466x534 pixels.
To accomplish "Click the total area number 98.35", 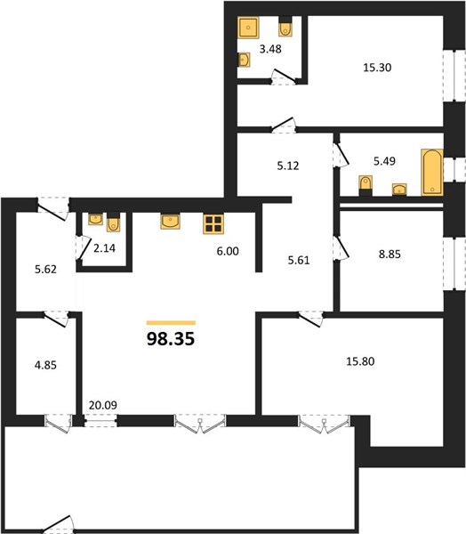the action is (171, 339).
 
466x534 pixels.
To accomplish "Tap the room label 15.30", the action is (377, 68).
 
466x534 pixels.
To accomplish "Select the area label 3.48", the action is (270, 49).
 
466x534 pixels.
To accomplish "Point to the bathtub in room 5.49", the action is (432, 172).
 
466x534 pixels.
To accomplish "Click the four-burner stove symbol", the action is (213, 223).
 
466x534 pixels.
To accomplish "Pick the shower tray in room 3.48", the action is (248, 27).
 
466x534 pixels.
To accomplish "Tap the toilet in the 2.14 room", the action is (113, 222).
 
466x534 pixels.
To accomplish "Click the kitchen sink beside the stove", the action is (170, 222).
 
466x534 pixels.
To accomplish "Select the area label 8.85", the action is (390, 254).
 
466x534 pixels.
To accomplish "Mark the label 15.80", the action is (360, 361).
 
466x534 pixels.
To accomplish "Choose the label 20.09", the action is (103, 405).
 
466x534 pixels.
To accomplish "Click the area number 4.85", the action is (45, 366).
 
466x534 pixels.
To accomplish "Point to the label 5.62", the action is (45, 270).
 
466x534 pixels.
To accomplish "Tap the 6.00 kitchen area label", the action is (228, 251).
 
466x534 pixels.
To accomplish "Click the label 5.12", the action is (288, 166).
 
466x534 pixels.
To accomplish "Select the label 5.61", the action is (299, 261).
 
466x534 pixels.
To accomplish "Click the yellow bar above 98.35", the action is (171, 323).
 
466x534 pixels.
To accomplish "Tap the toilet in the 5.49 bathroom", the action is (366, 185).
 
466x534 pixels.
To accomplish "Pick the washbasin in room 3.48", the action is (244, 60).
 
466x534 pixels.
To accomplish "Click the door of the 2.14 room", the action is (84, 248).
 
